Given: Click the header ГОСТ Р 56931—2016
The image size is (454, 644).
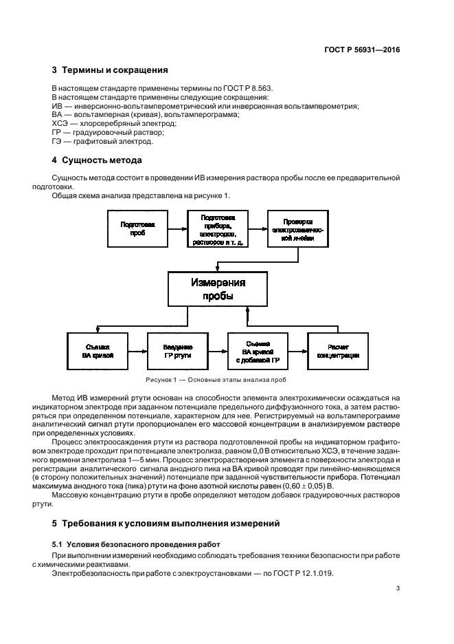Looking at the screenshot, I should point(363,50).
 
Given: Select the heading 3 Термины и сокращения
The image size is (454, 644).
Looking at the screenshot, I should point(110,70).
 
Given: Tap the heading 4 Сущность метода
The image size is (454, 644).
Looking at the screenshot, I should point(97,160).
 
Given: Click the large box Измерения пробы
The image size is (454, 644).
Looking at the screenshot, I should point(218,288).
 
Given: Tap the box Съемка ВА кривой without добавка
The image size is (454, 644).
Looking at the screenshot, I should point(97,351).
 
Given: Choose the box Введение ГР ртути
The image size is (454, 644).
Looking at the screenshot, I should point(178,351).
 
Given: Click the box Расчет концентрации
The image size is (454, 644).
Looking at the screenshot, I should point(338,351).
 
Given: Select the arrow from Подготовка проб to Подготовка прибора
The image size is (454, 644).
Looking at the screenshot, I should point(178,229).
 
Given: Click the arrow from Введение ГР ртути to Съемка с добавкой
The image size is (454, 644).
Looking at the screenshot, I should point(218,351).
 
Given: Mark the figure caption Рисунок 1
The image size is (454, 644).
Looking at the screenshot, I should point(216,380).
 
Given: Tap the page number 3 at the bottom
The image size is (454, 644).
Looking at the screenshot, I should point(398,588).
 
